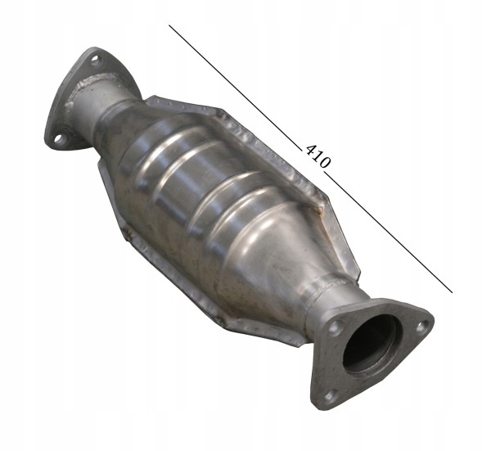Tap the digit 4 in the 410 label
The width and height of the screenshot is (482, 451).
tap(311, 149)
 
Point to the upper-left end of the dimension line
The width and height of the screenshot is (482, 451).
tap(169, 25)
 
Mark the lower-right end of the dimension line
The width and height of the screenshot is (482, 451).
tap(453, 292)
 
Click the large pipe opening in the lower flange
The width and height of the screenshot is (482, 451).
tap(372, 345)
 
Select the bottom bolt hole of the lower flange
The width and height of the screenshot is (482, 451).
tap(330, 396)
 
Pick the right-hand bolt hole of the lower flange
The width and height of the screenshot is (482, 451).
tap(422, 327)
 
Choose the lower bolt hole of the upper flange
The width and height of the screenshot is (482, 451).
tap(59, 139)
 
